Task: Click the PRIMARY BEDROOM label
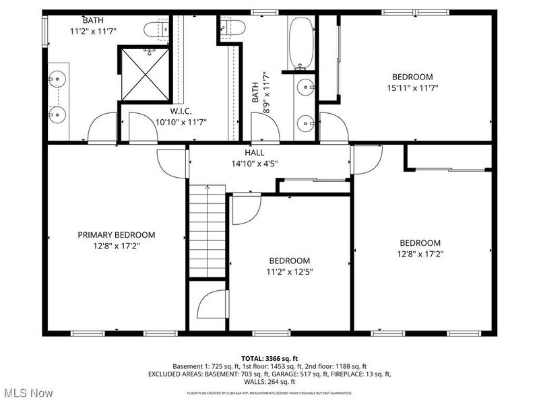coord(116,235)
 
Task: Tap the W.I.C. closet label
coord(181,111)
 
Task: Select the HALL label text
coord(255,153)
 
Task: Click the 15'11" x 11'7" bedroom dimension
coord(413,88)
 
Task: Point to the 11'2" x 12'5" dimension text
coord(289,271)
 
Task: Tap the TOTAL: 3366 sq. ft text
coord(269,358)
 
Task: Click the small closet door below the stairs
coord(213,305)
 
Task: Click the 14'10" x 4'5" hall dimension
coord(255,163)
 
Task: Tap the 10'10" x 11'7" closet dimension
coord(181,122)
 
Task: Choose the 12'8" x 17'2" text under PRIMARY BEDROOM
coord(116,246)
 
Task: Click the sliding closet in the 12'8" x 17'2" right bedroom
coord(447,157)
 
